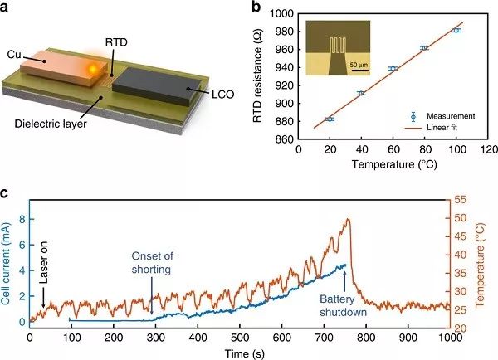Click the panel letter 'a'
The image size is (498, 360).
(x=7, y=9)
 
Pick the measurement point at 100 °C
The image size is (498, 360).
(x=456, y=30)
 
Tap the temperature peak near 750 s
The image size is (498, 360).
(x=348, y=220)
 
